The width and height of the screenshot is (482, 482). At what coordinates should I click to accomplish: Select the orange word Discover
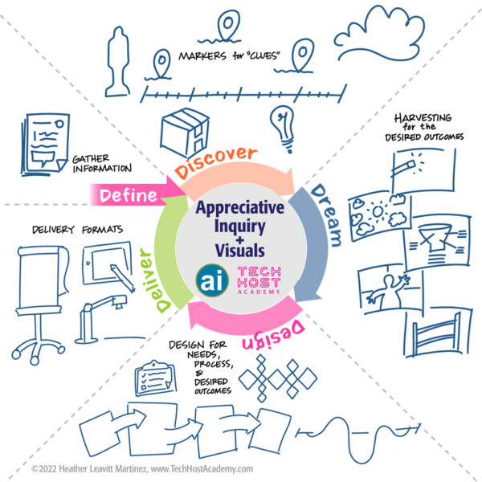click(216, 161)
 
